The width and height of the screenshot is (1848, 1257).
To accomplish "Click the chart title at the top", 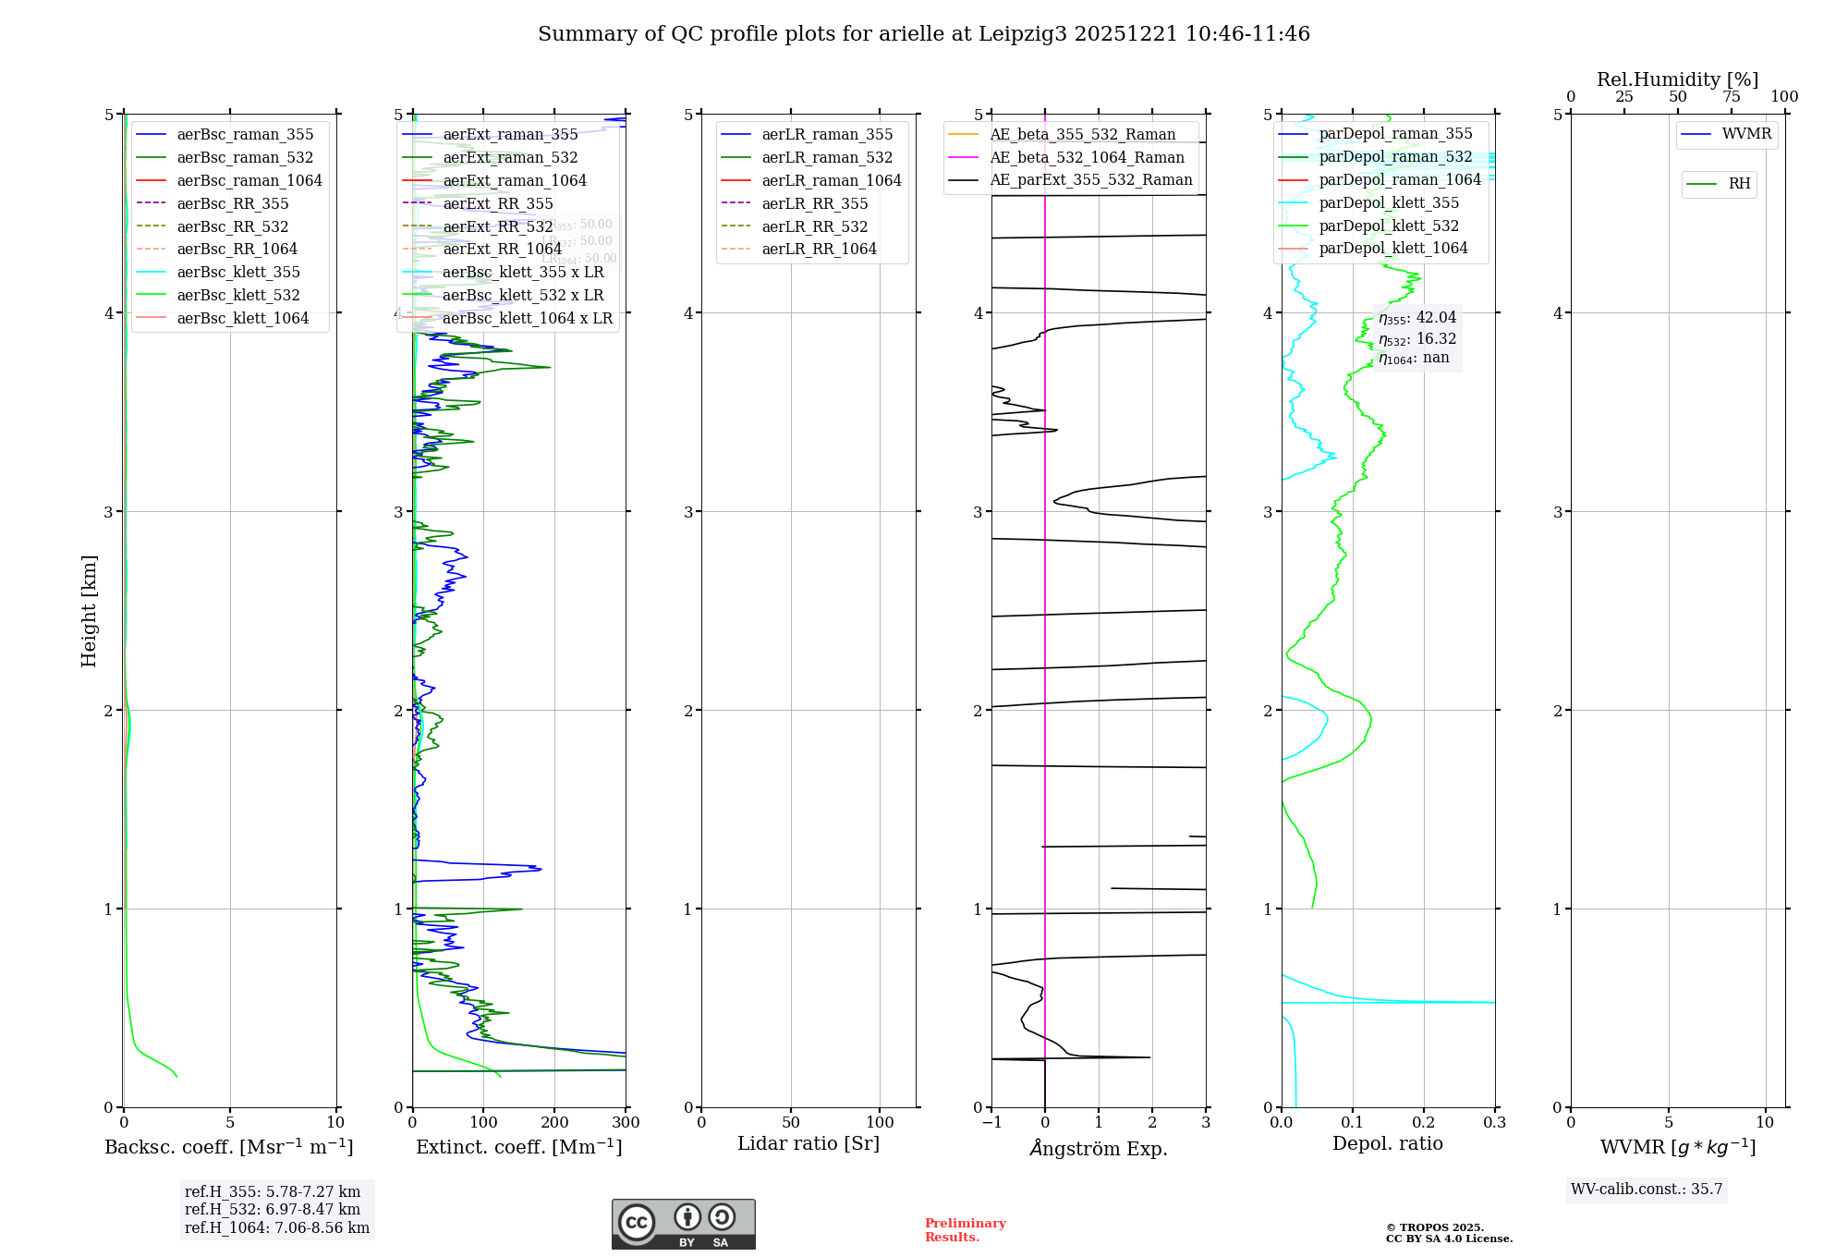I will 924,34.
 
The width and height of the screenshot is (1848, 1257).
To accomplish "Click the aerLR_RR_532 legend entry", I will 814,226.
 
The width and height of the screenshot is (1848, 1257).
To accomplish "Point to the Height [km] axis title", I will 89,611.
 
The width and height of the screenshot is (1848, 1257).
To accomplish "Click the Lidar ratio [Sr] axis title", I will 808,1143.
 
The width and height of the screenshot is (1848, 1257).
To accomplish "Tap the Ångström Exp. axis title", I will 1099,1148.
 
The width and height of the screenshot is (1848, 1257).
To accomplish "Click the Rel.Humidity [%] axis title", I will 1677,79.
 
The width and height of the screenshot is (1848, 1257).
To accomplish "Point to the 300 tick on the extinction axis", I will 626,1123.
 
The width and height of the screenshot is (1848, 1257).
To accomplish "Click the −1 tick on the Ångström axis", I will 991,1123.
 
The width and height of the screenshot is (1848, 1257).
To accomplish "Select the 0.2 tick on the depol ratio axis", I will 1424,1123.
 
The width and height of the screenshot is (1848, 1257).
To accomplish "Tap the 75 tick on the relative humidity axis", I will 1731,97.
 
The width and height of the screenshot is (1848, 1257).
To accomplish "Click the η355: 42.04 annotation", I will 1416,318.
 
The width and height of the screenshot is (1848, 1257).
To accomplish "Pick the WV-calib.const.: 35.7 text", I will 1647,1190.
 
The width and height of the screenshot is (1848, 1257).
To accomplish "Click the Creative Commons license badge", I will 684,1224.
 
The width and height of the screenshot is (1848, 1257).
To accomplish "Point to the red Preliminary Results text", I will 965,1230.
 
